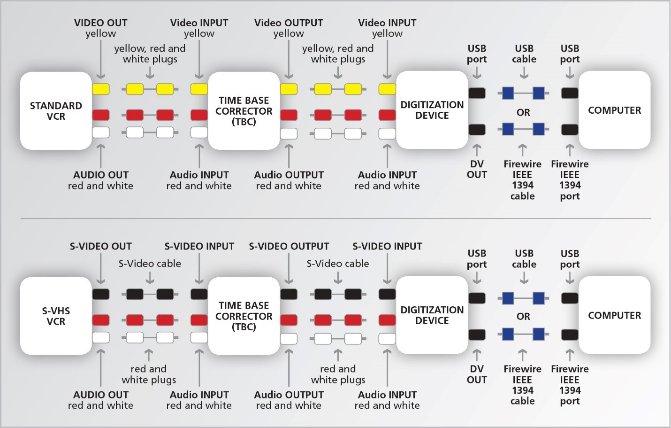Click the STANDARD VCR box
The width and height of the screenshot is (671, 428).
pos(56,111)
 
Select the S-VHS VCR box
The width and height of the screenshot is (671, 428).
pos(56,316)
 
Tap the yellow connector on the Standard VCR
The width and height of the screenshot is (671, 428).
pos(100,89)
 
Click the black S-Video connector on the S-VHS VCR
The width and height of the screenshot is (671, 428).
pos(100,294)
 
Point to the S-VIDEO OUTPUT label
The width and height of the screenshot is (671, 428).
pos(289,246)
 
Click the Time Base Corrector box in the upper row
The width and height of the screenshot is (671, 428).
pos(244,111)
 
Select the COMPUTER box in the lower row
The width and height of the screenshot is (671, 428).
pos(614,315)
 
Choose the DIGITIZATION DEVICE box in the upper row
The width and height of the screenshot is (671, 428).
pos(432,110)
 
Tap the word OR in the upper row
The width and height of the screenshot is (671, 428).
pos(523,113)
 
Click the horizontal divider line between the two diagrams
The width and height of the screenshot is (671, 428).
pos(335,218)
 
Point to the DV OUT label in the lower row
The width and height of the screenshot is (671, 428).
pos(477,374)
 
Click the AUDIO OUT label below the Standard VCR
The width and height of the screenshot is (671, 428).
pos(100,180)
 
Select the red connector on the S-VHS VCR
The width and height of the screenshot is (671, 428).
pos(100,320)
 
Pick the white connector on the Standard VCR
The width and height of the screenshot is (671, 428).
pos(100,132)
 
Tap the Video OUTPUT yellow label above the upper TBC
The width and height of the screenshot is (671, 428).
pos(289,28)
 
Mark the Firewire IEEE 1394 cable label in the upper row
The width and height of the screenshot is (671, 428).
pos(522,180)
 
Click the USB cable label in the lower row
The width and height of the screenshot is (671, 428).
pos(524,259)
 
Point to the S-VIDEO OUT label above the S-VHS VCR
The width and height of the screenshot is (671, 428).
pos(100,246)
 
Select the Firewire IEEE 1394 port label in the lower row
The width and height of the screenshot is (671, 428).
pos(570,385)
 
